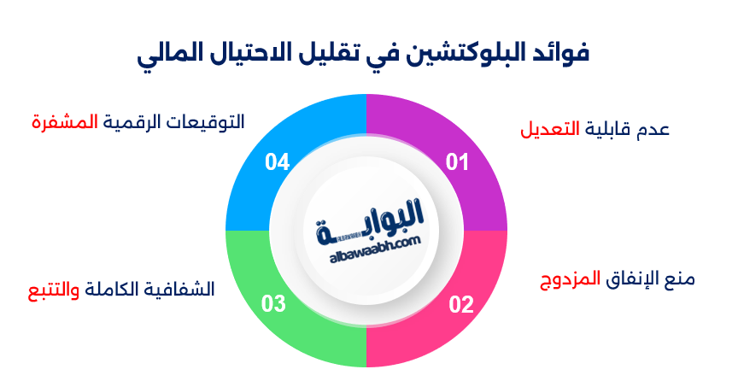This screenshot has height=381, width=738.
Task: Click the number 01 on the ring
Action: click(458, 162)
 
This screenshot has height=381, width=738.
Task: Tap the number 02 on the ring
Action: click(460, 304)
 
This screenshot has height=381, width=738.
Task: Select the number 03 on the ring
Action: click(273, 304)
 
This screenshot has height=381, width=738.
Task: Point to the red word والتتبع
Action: click(51, 290)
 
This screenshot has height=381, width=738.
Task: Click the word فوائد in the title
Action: click(560, 53)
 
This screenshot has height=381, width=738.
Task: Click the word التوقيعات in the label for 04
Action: click(210, 121)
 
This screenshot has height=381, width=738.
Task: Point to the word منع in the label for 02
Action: click(679, 280)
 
